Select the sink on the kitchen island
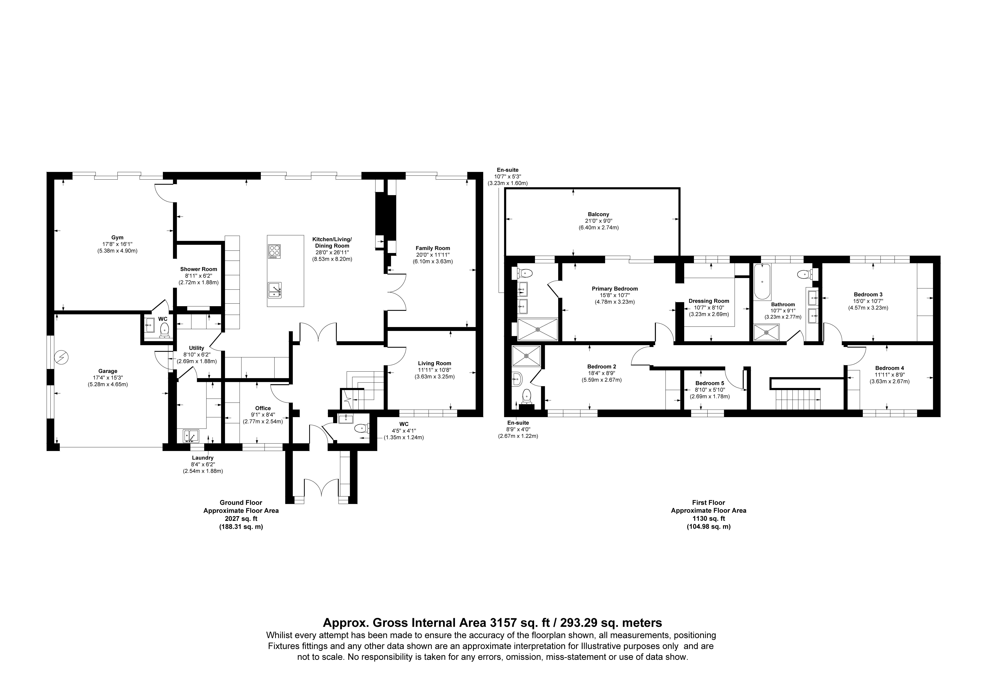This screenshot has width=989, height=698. coord(274,290)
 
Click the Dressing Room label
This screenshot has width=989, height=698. coord(709,301)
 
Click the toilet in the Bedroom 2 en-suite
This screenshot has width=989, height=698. coord(526,395)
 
